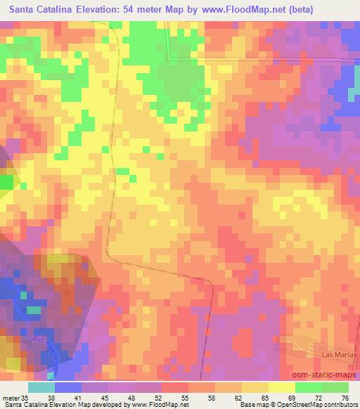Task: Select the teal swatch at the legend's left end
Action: [41, 387]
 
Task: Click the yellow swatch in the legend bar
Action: [281, 387]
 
